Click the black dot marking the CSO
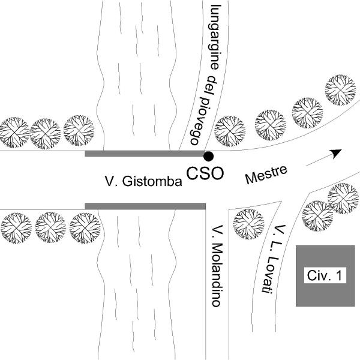[208, 156]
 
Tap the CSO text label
[205, 173]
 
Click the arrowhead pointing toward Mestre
[337, 152]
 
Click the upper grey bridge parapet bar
[145, 154]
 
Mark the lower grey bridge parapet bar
[145, 206]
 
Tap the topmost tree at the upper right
[340, 89]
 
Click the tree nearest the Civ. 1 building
[317, 214]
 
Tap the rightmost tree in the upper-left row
[79, 130]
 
